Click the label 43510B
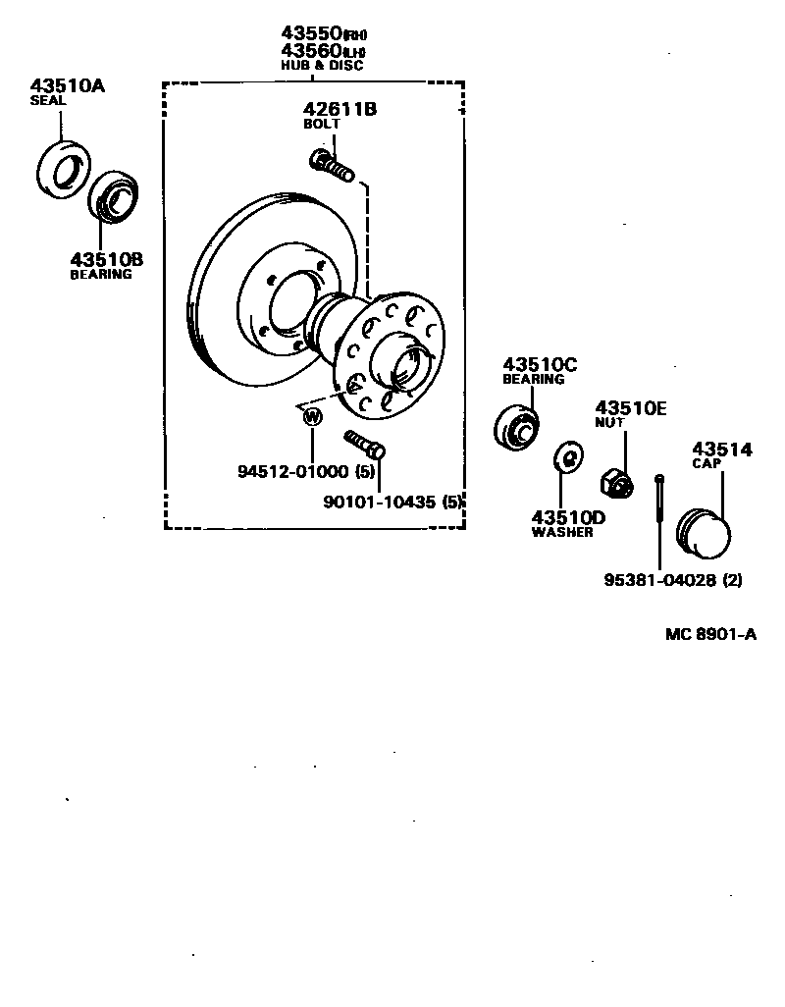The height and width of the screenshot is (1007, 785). point(106,259)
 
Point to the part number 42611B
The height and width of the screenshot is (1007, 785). point(340,109)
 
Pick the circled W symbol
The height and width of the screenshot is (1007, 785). point(312,417)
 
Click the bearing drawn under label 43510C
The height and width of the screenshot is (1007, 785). point(515,426)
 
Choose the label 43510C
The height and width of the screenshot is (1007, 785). point(540,364)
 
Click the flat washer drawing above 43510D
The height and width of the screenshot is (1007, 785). point(566,456)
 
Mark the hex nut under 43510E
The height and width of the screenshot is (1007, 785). point(616,480)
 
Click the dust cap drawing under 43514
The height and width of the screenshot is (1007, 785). point(705,534)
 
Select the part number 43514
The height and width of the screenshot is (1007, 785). point(721,450)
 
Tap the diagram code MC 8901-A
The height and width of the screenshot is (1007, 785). point(710,634)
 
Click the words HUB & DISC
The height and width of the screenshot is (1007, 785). point(321,66)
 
